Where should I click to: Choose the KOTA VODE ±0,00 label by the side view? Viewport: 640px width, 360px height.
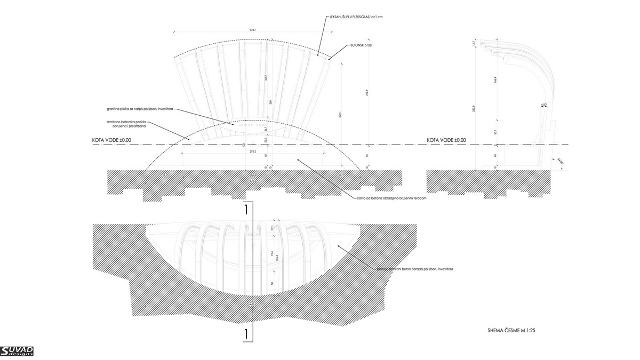coord(446,140)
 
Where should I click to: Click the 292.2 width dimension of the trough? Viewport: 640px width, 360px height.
coord(253,152)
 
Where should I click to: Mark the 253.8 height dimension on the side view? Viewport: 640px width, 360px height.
coord(475,109)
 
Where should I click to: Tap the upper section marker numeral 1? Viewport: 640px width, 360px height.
coord(246,210)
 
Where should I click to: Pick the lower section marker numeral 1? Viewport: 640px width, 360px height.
coord(246,334)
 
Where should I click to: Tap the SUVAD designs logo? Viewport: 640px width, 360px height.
coord(17,351)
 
